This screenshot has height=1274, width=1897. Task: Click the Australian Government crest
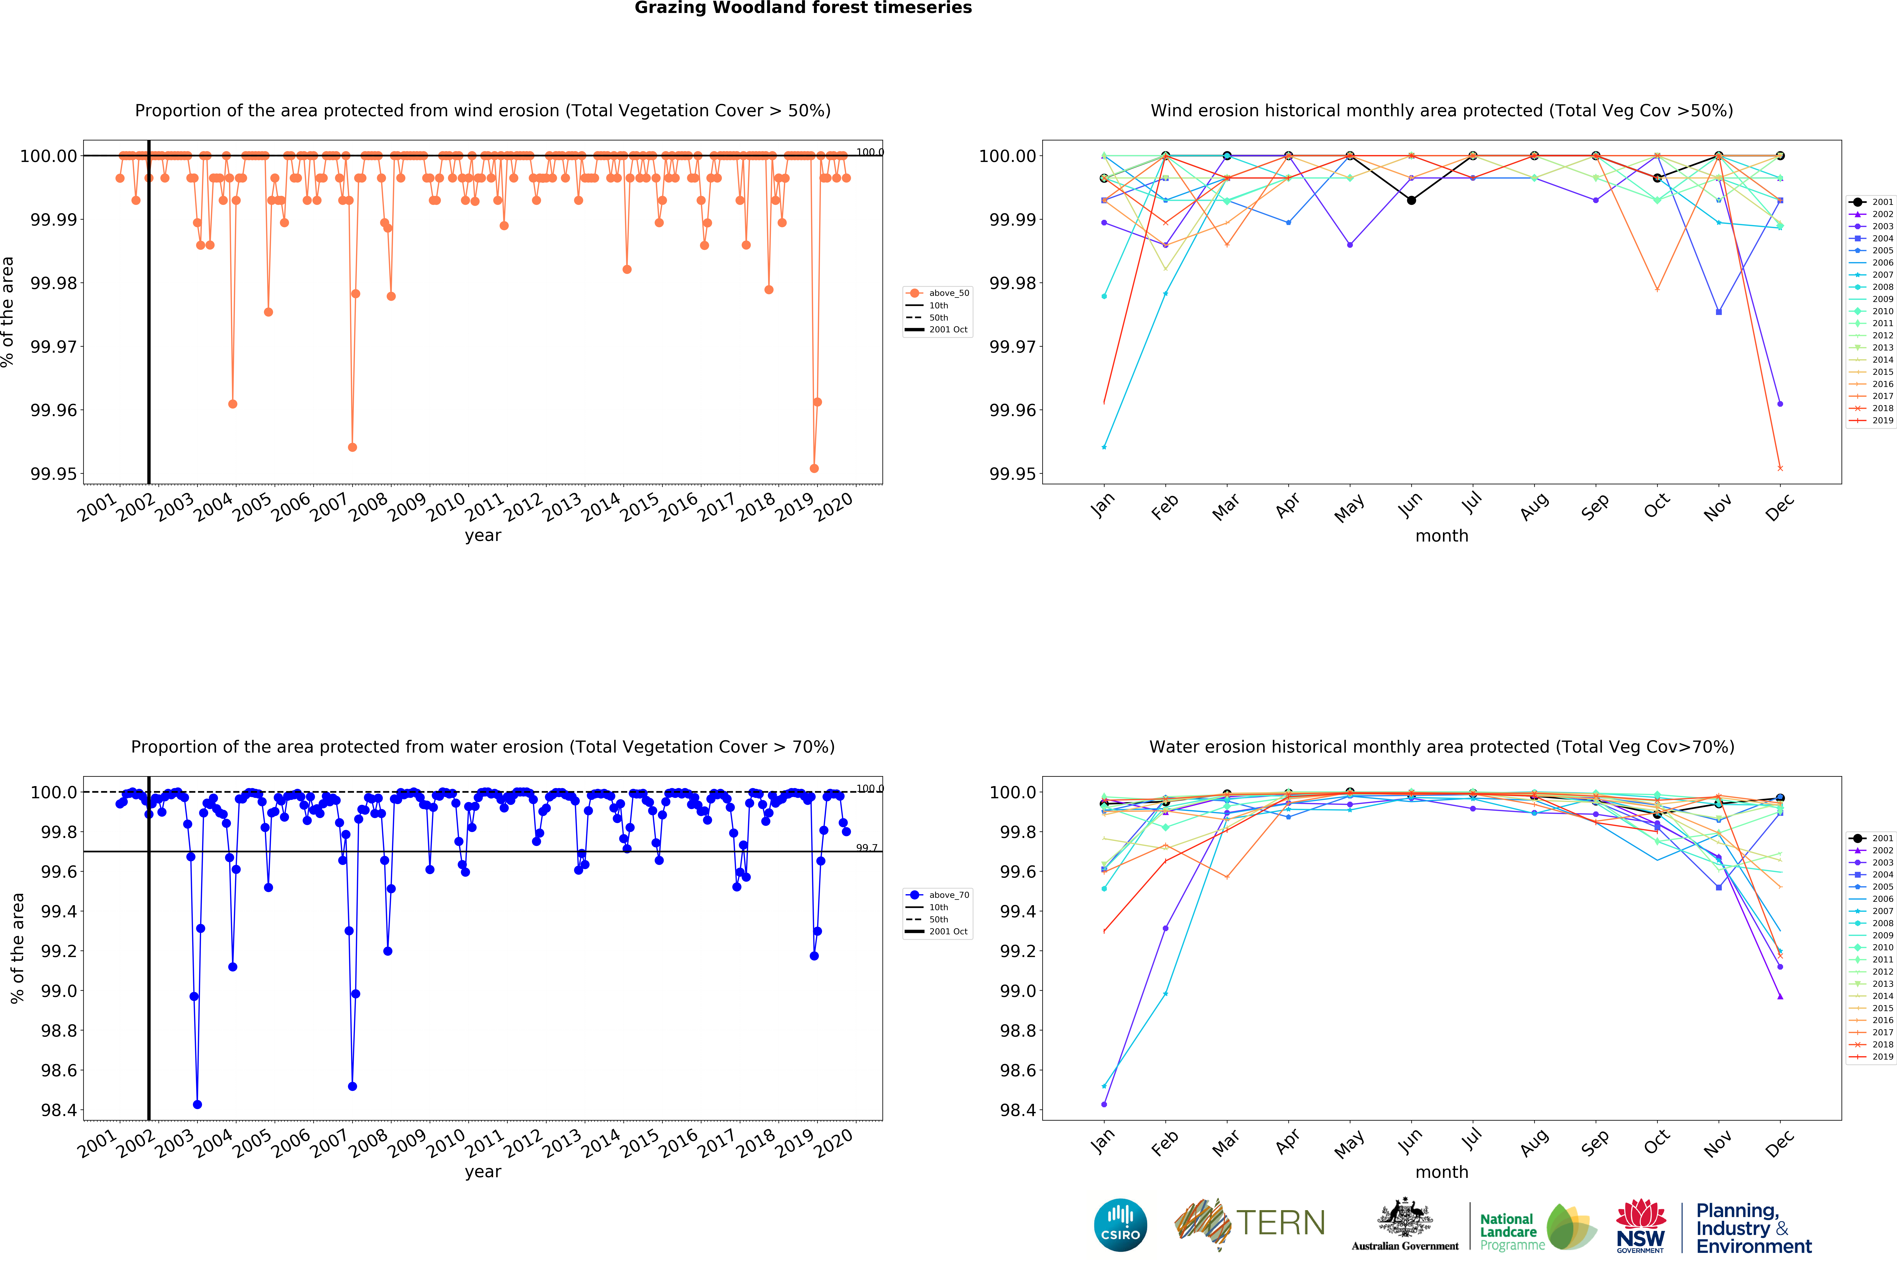[1404, 1219]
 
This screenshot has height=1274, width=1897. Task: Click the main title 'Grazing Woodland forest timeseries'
[803, 8]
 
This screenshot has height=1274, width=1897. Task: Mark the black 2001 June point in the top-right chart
[1411, 200]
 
